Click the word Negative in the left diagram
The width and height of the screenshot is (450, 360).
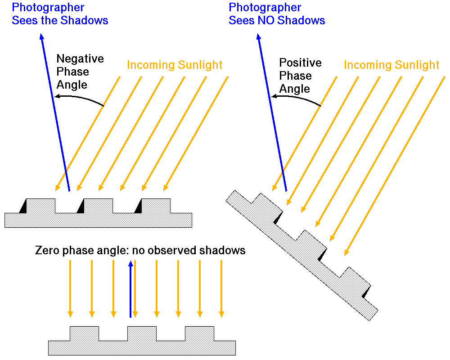tap(80, 59)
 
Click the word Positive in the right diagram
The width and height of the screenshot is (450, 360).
tap(300, 63)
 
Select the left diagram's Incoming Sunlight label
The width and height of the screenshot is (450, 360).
tap(175, 65)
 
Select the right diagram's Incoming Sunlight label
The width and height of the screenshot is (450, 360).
tap(391, 65)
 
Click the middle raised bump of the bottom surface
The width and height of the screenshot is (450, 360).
tap(142, 333)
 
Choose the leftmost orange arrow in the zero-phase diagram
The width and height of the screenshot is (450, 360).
tap(70, 288)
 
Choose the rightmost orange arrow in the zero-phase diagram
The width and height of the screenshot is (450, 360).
tap(221, 288)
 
